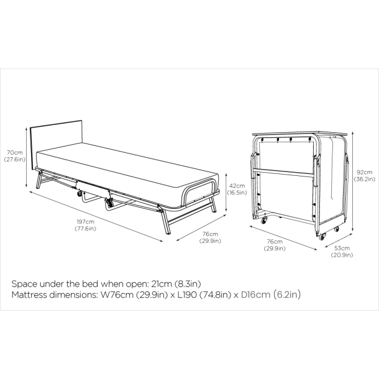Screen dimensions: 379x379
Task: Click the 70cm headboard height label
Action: coord(15,152)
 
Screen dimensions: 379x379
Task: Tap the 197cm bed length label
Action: coord(86,222)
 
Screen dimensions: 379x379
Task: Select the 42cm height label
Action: coord(237,186)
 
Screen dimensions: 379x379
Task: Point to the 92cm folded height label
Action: coord(365,172)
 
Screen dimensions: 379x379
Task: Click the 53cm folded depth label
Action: coord(342,248)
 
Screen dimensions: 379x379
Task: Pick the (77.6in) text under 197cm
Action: coord(86,229)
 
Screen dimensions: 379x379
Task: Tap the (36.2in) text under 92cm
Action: coord(365,179)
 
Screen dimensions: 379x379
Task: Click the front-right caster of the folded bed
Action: coord(322,237)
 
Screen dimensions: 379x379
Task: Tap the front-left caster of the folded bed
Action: coord(263,221)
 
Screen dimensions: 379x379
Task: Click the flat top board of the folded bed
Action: coord(299,134)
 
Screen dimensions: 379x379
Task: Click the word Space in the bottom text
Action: coord(24,284)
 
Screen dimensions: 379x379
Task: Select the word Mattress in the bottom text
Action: coord(29,295)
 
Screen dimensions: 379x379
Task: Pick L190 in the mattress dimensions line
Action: coord(187,295)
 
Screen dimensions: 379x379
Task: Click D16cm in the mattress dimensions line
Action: coord(255,295)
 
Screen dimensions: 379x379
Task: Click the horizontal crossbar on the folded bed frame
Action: coord(283,172)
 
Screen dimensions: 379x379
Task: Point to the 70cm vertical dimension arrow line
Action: coord(26,157)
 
